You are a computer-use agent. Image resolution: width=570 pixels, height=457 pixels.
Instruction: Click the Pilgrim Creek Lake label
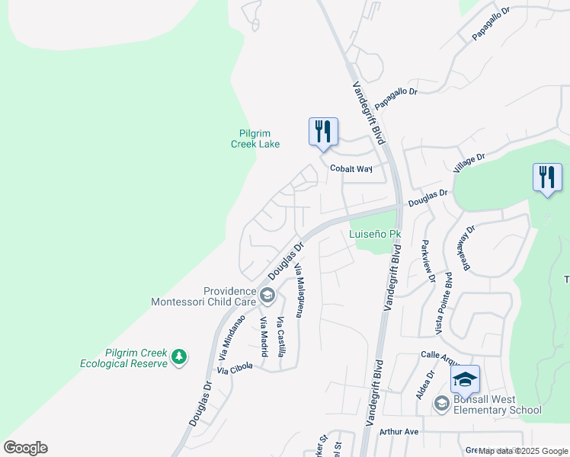click(255, 139)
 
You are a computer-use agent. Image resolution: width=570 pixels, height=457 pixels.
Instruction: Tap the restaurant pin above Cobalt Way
click(323, 132)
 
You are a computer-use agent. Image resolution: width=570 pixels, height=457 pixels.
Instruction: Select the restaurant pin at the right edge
click(547, 179)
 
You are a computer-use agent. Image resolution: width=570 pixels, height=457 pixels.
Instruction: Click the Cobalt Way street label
click(351, 169)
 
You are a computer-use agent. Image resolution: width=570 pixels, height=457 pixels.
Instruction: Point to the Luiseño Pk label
click(375, 234)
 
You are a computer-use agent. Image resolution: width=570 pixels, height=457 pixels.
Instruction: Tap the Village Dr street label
click(469, 165)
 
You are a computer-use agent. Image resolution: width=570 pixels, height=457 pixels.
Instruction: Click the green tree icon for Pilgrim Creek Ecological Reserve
click(179, 356)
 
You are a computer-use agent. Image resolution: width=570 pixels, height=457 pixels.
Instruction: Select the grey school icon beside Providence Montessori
click(267, 295)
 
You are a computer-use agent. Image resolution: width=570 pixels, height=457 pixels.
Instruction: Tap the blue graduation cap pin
click(465, 380)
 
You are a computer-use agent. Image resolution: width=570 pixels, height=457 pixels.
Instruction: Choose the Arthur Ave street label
click(400, 432)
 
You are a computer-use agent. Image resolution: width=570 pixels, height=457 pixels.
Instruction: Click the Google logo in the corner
click(25, 448)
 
